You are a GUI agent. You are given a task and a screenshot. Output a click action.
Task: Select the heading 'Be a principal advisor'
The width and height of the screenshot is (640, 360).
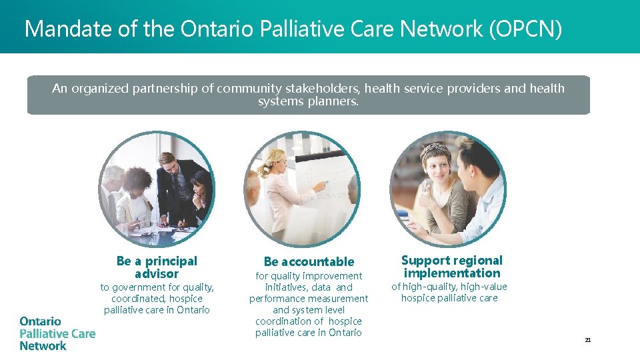tap(157, 267)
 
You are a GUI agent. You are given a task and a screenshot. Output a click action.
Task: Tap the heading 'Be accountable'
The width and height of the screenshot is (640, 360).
tap(309, 261)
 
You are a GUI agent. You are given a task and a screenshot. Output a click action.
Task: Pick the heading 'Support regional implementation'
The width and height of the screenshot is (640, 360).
tap(452, 267)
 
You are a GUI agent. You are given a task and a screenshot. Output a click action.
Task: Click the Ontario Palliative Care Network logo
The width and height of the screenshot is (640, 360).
tap(57, 333)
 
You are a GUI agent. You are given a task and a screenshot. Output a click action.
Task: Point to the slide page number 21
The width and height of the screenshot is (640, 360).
tap(588, 340)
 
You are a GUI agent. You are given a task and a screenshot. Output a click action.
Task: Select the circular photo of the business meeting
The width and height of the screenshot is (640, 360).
tap(157, 189)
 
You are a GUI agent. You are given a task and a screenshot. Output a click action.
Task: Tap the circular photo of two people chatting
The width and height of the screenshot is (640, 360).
tap(447, 189)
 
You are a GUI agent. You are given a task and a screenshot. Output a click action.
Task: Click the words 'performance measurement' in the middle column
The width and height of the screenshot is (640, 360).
tap(309, 299)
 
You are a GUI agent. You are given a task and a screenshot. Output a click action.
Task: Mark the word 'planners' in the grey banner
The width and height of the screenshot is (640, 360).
tap(333, 101)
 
